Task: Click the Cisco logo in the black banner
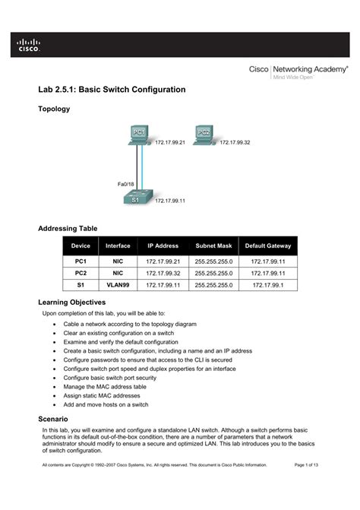29,46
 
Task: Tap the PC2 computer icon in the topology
204,135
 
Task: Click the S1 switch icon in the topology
137,198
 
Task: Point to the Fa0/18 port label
125,184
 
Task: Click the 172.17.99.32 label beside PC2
235,142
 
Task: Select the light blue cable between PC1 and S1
144,167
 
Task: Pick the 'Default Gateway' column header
267,245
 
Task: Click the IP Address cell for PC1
163,261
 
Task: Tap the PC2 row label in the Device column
80,272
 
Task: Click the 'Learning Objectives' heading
77,302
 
